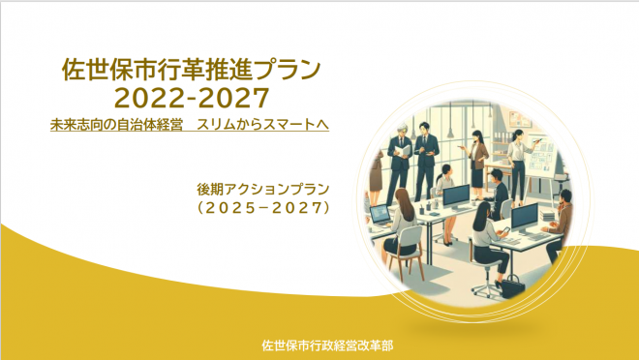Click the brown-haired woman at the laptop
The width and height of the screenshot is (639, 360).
(406, 227)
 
